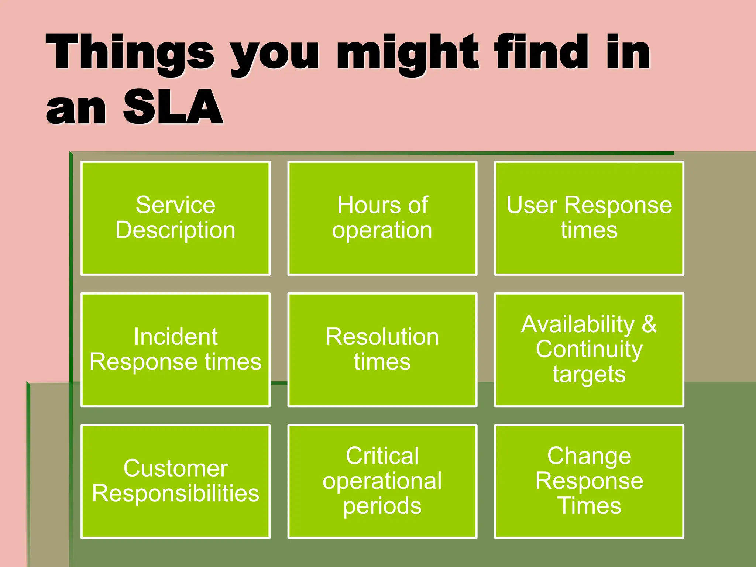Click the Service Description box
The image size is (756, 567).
coord(175,218)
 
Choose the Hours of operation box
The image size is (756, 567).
coord(382,218)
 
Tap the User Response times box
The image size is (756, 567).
coord(589,218)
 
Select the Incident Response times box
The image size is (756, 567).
coord(175,350)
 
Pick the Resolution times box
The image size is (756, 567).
coord(382,350)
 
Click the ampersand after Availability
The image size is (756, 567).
coord(649,324)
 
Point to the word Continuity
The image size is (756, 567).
coord(589,349)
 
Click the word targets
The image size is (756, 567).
coord(589,375)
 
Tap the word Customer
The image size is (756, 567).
coord(175,468)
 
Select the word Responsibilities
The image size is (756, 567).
coord(175,494)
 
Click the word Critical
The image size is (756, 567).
coord(382,456)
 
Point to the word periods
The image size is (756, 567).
coord(382,506)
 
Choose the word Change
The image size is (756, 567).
coord(589,456)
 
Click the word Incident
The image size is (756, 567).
coord(175,337)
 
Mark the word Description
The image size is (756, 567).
coord(175,230)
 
